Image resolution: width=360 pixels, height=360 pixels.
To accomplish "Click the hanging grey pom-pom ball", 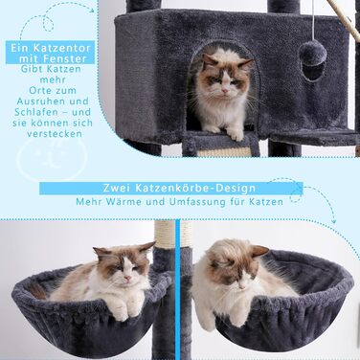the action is [313, 52].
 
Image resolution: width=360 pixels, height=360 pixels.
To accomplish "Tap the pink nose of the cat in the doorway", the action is [226, 91].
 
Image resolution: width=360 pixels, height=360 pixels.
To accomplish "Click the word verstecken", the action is [55, 133].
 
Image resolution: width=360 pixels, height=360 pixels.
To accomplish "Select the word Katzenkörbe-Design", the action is [195, 188].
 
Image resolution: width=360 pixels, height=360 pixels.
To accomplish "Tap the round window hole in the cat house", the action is [313, 71].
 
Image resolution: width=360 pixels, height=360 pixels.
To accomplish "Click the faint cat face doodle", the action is [52, 158].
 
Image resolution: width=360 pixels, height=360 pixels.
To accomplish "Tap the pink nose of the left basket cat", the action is [127, 278].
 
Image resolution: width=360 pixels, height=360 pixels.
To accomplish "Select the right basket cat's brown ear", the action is [259, 251].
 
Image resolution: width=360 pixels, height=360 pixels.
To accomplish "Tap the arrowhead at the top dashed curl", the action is [92, 10].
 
